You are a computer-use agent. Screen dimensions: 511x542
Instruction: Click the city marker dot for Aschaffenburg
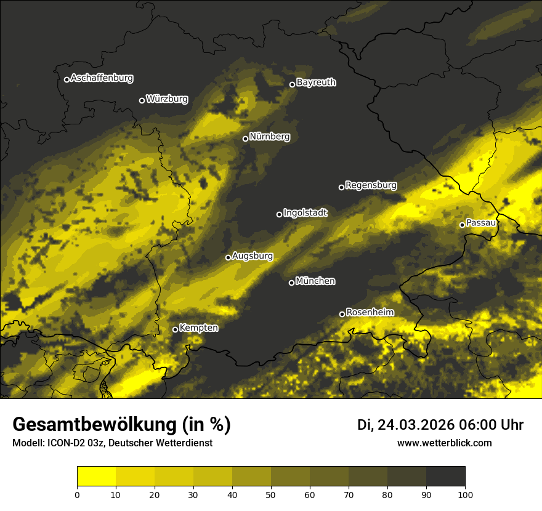[x=67, y=79]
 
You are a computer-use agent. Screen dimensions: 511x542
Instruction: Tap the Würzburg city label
[x=167, y=99]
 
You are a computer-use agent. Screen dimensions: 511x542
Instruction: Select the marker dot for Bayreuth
[x=293, y=84]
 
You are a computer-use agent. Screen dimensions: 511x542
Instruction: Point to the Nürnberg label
[x=270, y=137]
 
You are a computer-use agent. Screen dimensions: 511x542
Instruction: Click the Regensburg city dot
[x=341, y=187]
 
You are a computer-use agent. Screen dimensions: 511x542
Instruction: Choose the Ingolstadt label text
[x=305, y=213]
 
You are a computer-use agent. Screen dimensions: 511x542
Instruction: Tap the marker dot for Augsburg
[x=228, y=257]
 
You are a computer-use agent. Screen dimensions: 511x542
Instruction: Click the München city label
[x=315, y=281]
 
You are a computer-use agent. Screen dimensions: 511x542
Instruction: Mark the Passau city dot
[x=462, y=225]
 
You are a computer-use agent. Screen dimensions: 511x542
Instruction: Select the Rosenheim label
[x=370, y=313]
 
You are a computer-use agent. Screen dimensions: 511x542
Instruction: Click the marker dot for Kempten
[x=175, y=329]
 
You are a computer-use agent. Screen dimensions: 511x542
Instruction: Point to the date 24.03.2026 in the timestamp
[x=415, y=425]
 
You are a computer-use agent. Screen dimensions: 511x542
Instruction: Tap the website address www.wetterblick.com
[x=445, y=443]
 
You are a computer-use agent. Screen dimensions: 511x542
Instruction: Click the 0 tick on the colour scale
[x=77, y=494]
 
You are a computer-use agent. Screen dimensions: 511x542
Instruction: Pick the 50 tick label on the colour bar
[x=271, y=494]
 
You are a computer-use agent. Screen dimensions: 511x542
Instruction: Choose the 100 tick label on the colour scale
[x=465, y=494]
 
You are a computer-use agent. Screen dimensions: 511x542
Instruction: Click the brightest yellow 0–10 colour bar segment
[x=97, y=477]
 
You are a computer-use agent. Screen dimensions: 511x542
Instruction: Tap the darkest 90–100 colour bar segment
[x=445, y=477]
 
